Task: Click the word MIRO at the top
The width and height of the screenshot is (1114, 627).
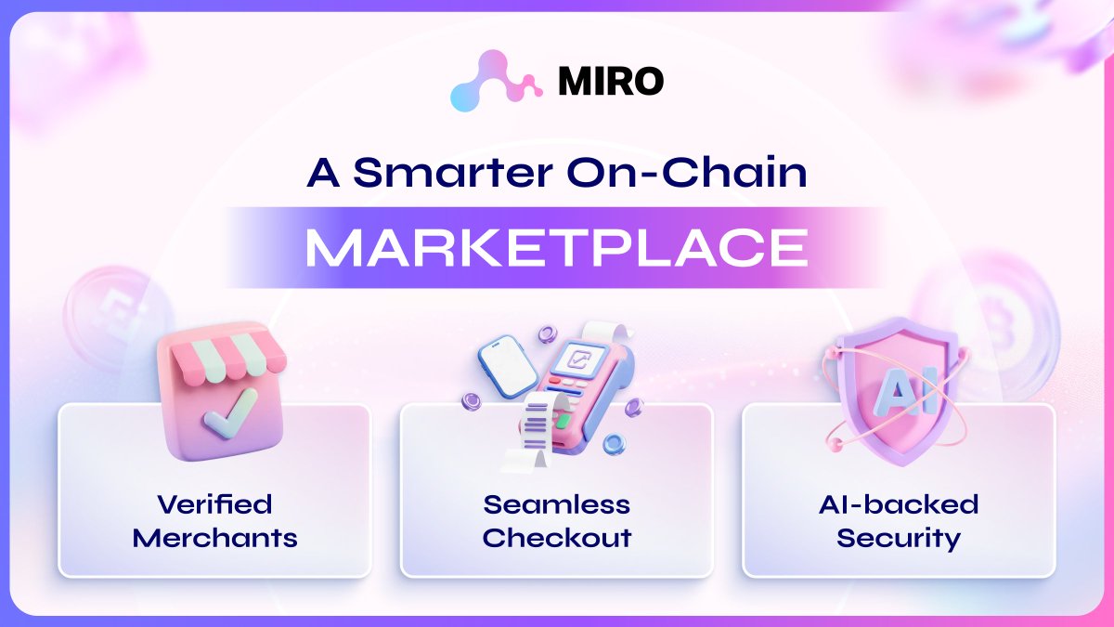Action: click(611, 82)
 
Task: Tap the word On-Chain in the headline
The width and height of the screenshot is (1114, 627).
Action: click(693, 174)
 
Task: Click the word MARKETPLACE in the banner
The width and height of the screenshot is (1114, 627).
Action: click(556, 247)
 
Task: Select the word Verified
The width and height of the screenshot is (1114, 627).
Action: click(214, 504)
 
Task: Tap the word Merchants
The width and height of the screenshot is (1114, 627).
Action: click(214, 537)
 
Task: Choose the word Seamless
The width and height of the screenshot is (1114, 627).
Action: click(556, 504)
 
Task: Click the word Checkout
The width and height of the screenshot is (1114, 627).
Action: click(556, 537)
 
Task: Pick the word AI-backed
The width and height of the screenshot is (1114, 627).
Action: click(898, 504)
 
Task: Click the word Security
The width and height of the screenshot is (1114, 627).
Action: click(898, 537)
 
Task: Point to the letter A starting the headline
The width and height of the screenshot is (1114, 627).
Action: click(323, 174)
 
